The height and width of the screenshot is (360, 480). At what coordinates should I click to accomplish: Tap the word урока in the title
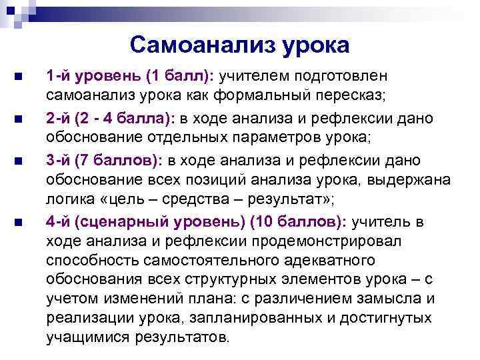[315, 45]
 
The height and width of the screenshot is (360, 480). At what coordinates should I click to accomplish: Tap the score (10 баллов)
[297, 221]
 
